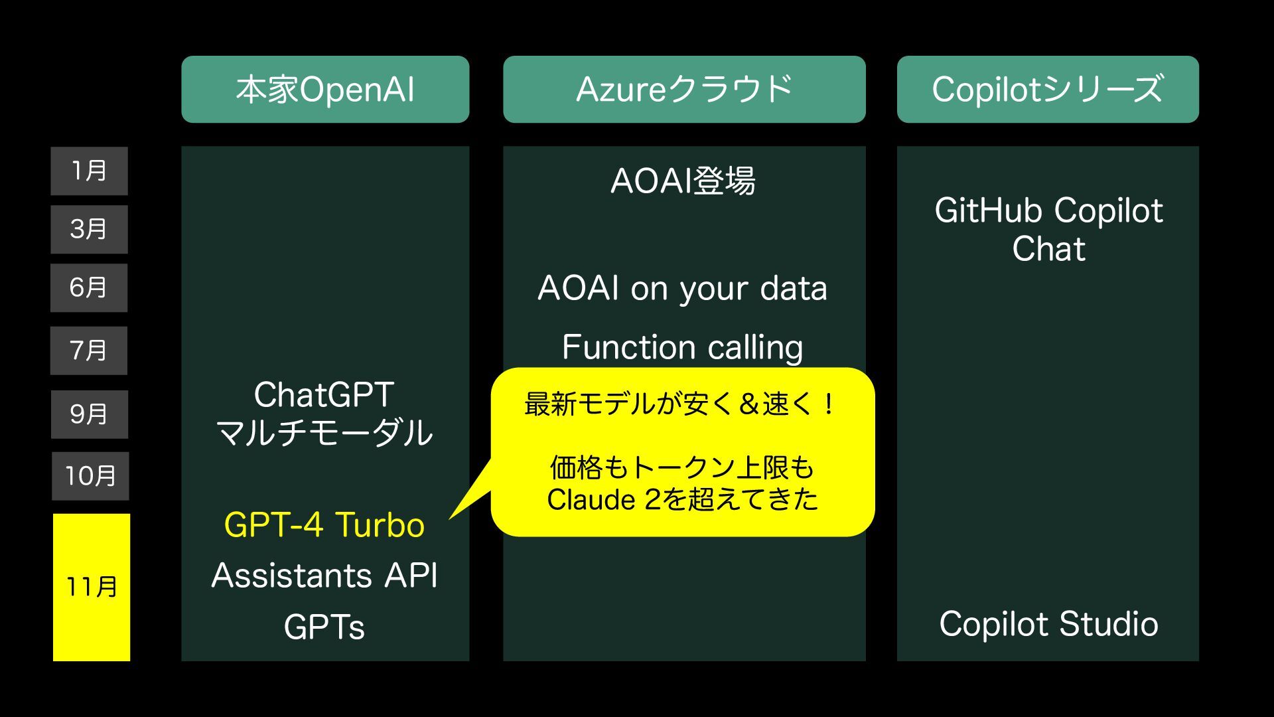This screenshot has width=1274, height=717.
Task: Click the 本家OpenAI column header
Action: click(x=325, y=90)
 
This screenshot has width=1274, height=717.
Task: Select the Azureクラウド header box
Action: click(x=684, y=90)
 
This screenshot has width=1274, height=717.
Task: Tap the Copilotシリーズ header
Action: click(x=1048, y=90)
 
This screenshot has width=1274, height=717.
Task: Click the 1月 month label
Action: click(x=89, y=171)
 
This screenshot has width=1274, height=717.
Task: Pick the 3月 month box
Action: click(x=89, y=230)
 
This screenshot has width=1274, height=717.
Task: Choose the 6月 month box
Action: click(x=89, y=288)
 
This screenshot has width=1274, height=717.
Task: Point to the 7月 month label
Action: click(x=89, y=351)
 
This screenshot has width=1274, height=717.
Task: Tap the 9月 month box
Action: click(x=89, y=414)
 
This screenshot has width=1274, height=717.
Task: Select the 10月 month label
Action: click(x=90, y=476)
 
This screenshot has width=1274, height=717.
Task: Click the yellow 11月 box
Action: click(x=92, y=587)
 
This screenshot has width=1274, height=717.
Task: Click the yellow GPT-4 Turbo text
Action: click(x=324, y=525)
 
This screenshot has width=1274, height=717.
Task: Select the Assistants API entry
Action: click(x=324, y=576)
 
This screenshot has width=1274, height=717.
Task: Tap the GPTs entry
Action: click(x=324, y=627)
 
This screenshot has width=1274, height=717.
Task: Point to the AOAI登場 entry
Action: click(x=683, y=181)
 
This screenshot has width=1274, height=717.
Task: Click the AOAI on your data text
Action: click(x=683, y=289)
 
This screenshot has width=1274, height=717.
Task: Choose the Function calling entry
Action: click(x=683, y=347)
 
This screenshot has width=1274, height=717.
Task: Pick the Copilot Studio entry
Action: click(x=1048, y=625)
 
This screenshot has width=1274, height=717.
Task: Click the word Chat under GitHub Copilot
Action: click(x=1048, y=250)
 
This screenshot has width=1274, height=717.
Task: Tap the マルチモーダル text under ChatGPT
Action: click(x=324, y=433)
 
